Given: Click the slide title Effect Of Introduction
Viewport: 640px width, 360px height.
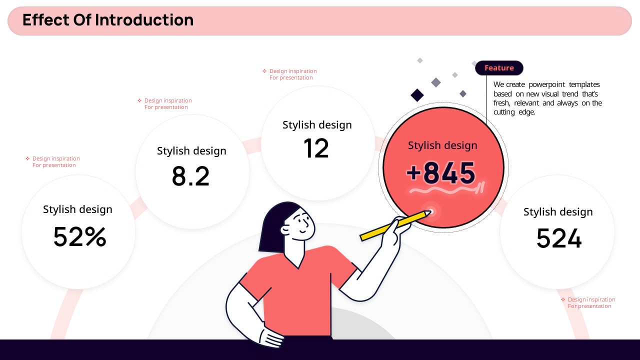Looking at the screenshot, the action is [x=108, y=20].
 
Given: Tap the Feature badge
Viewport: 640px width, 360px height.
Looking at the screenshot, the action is [x=499, y=68].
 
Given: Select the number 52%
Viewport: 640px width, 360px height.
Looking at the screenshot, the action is [x=79, y=236].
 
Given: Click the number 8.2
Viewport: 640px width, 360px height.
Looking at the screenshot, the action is [x=190, y=176].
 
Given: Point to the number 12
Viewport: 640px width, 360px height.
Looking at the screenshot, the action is [x=316, y=148].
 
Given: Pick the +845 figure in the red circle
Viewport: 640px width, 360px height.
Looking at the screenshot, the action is [x=441, y=172].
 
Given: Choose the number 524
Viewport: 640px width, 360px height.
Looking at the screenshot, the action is [x=559, y=238].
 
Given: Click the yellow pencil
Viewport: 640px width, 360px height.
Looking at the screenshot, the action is [x=395, y=225].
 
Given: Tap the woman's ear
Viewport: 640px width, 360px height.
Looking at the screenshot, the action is [x=285, y=229].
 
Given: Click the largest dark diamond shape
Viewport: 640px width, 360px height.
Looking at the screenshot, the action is [x=417, y=95].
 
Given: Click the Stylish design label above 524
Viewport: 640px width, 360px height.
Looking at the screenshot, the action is [x=558, y=212].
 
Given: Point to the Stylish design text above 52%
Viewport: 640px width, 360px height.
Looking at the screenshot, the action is [x=77, y=209].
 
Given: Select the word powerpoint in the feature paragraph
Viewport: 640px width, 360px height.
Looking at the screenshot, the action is [x=546, y=84].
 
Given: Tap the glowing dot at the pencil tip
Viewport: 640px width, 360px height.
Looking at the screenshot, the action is [x=431, y=211].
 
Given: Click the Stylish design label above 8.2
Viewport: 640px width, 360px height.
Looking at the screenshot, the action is [x=191, y=151].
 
